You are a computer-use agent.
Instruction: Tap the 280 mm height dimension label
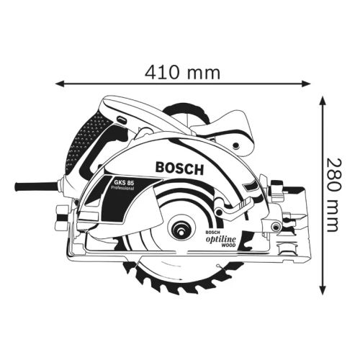tap(331, 194)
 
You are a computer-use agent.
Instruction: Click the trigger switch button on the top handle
tap(120, 119)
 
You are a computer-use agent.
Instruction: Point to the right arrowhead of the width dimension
tap(307, 84)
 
